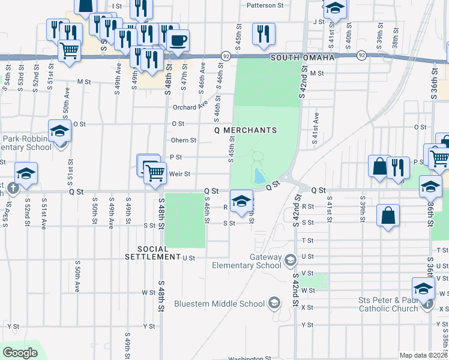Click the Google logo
(x=20, y=353)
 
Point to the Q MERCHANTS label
(x=246, y=130)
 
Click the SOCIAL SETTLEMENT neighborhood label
(x=150, y=253)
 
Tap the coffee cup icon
(x=177, y=41)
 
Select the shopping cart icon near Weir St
(x=155, y=173)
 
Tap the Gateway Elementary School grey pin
(x=291, y=260)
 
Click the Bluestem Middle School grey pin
(x=274, y=302)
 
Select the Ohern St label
(x=184, y=140)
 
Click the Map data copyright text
(x=423, y=355)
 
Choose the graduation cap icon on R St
(x=241, y=200)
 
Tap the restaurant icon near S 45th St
(x=263, y=34)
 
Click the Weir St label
(x=180, y=174)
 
